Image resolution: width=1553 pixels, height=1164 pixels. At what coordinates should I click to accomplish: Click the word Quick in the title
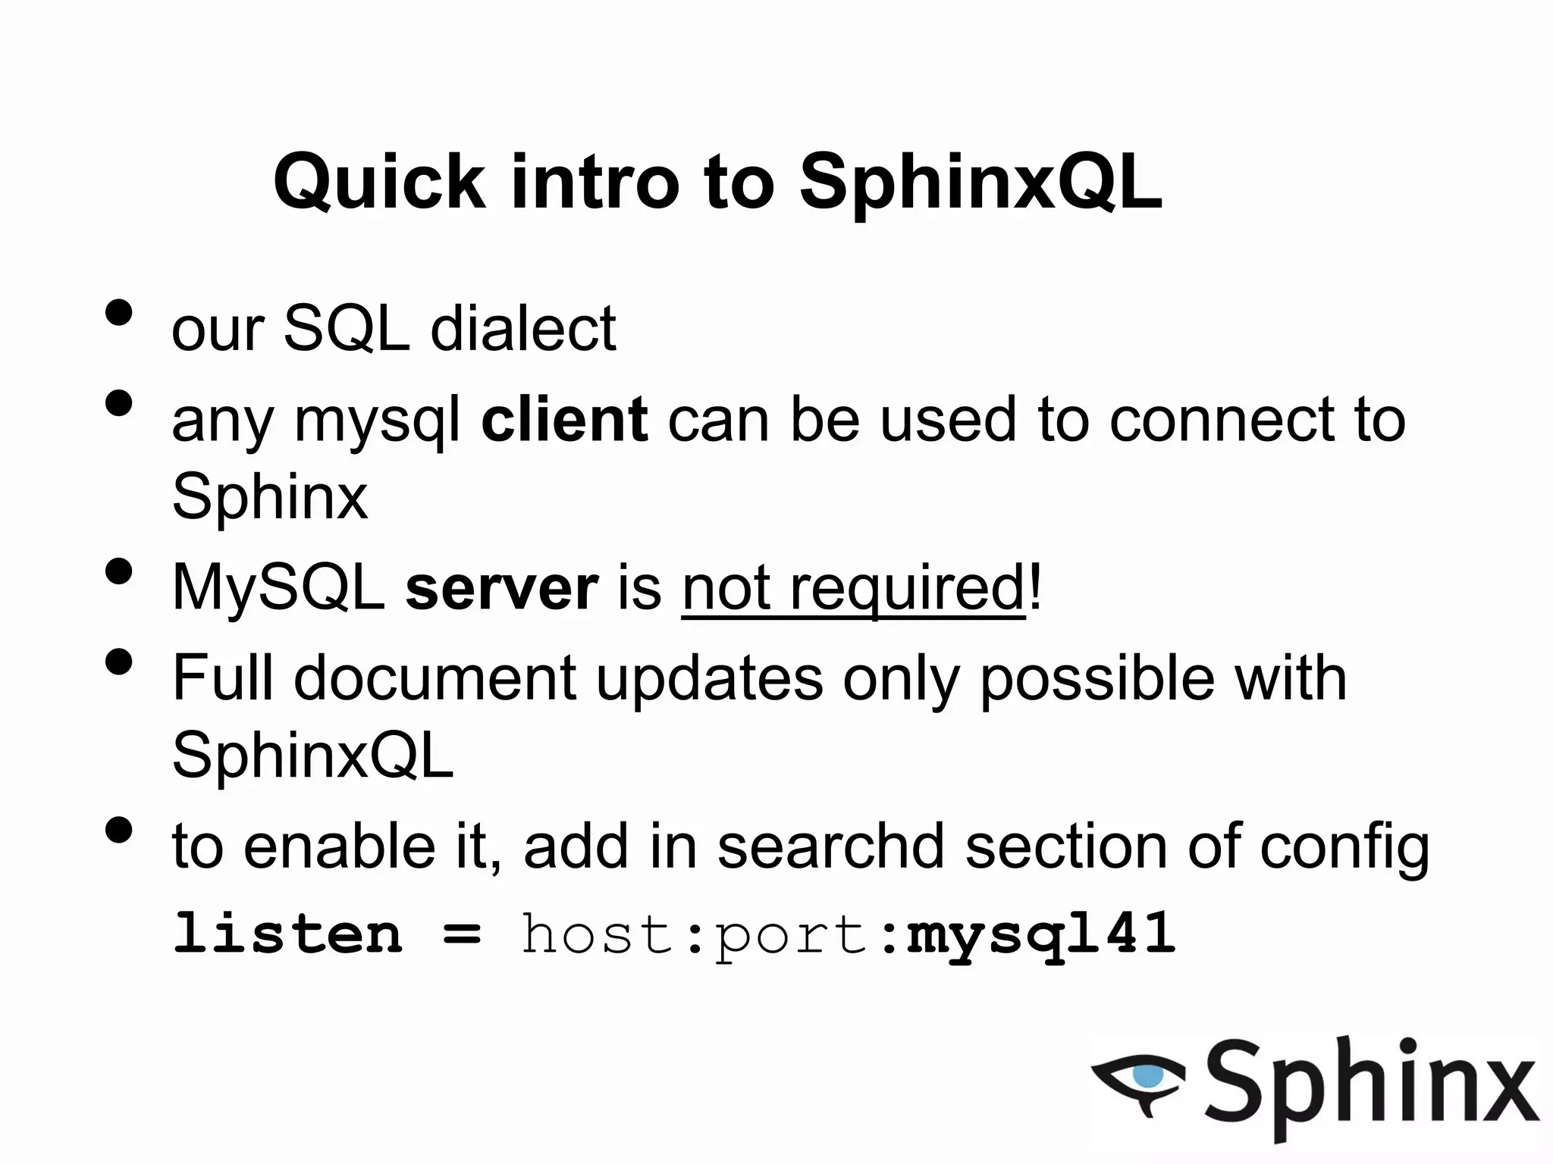click(379, 182)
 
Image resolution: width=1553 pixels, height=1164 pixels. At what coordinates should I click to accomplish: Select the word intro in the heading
click(595, 182)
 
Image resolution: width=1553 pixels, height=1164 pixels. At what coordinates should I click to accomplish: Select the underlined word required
click(908, 590)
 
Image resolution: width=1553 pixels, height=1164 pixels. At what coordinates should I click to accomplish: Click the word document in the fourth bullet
click(435, 677)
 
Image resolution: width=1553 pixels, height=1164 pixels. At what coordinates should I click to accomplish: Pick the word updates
click(709, 679)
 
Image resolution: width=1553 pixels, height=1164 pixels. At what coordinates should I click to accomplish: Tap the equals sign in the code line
click(462, 934)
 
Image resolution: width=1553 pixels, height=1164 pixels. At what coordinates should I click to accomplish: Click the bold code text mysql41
click(1041, 934)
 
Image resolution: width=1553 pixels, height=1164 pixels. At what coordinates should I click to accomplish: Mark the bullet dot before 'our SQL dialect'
click(119, 311)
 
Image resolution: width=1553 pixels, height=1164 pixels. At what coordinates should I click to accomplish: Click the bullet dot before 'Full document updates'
click(119, 661)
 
